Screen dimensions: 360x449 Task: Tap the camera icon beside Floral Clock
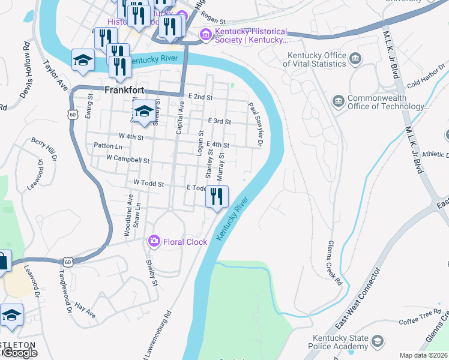(154, 241)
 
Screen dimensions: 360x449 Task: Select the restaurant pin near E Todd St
(217, 197)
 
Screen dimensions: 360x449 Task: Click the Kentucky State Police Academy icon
(377, 342)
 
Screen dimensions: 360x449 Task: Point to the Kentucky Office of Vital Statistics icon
(356, 59)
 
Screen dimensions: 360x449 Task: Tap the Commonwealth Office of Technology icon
(337, 100)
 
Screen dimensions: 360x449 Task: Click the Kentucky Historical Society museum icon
(206, 35)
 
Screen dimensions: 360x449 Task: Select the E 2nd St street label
(200, 97)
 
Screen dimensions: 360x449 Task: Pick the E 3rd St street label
(219, 121)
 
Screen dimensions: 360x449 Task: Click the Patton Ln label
(107, 146)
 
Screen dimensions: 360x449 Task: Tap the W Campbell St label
(127, 160)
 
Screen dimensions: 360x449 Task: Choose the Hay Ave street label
(86, 310)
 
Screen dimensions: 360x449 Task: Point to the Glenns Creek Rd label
(334, 262)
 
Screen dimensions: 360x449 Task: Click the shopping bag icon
(2, 262)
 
